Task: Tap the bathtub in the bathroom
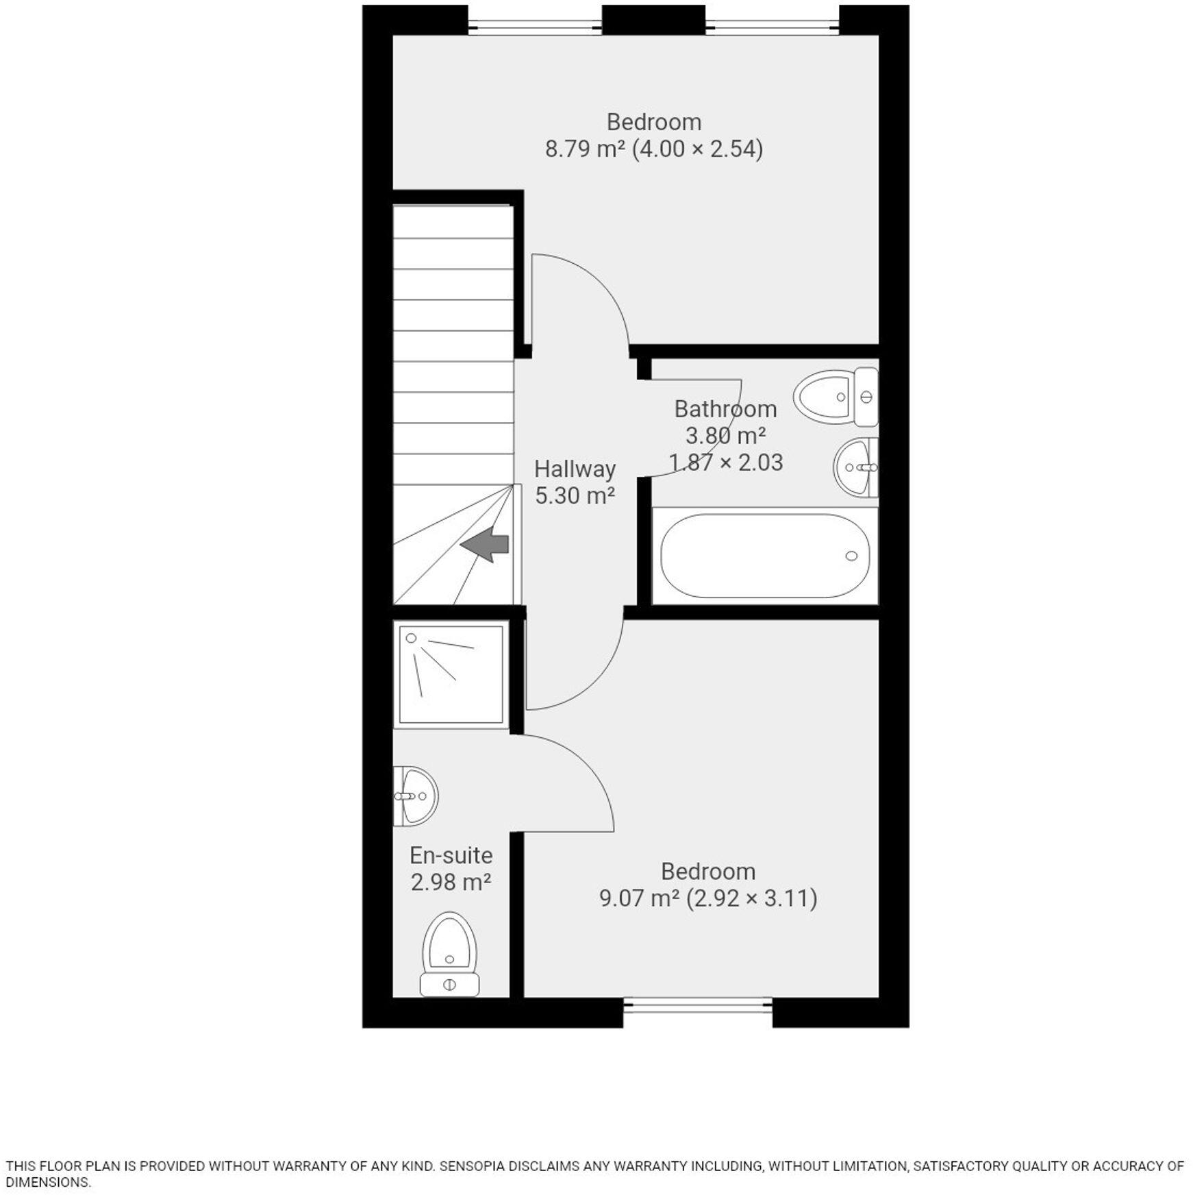(764, 556)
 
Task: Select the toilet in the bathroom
(836, 397)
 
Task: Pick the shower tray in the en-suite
(451, 673)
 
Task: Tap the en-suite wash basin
(416, 796)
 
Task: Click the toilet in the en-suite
(449, 953)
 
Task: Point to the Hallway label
(574, 469)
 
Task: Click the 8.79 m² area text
(585, 149)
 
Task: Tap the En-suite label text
(451, 855)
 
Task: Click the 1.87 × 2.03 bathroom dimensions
(726, 463)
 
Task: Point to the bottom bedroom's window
(697, 1007)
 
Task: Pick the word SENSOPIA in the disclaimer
(475, 1166)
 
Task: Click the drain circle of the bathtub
(851, 556)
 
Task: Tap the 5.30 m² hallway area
(574, 495)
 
